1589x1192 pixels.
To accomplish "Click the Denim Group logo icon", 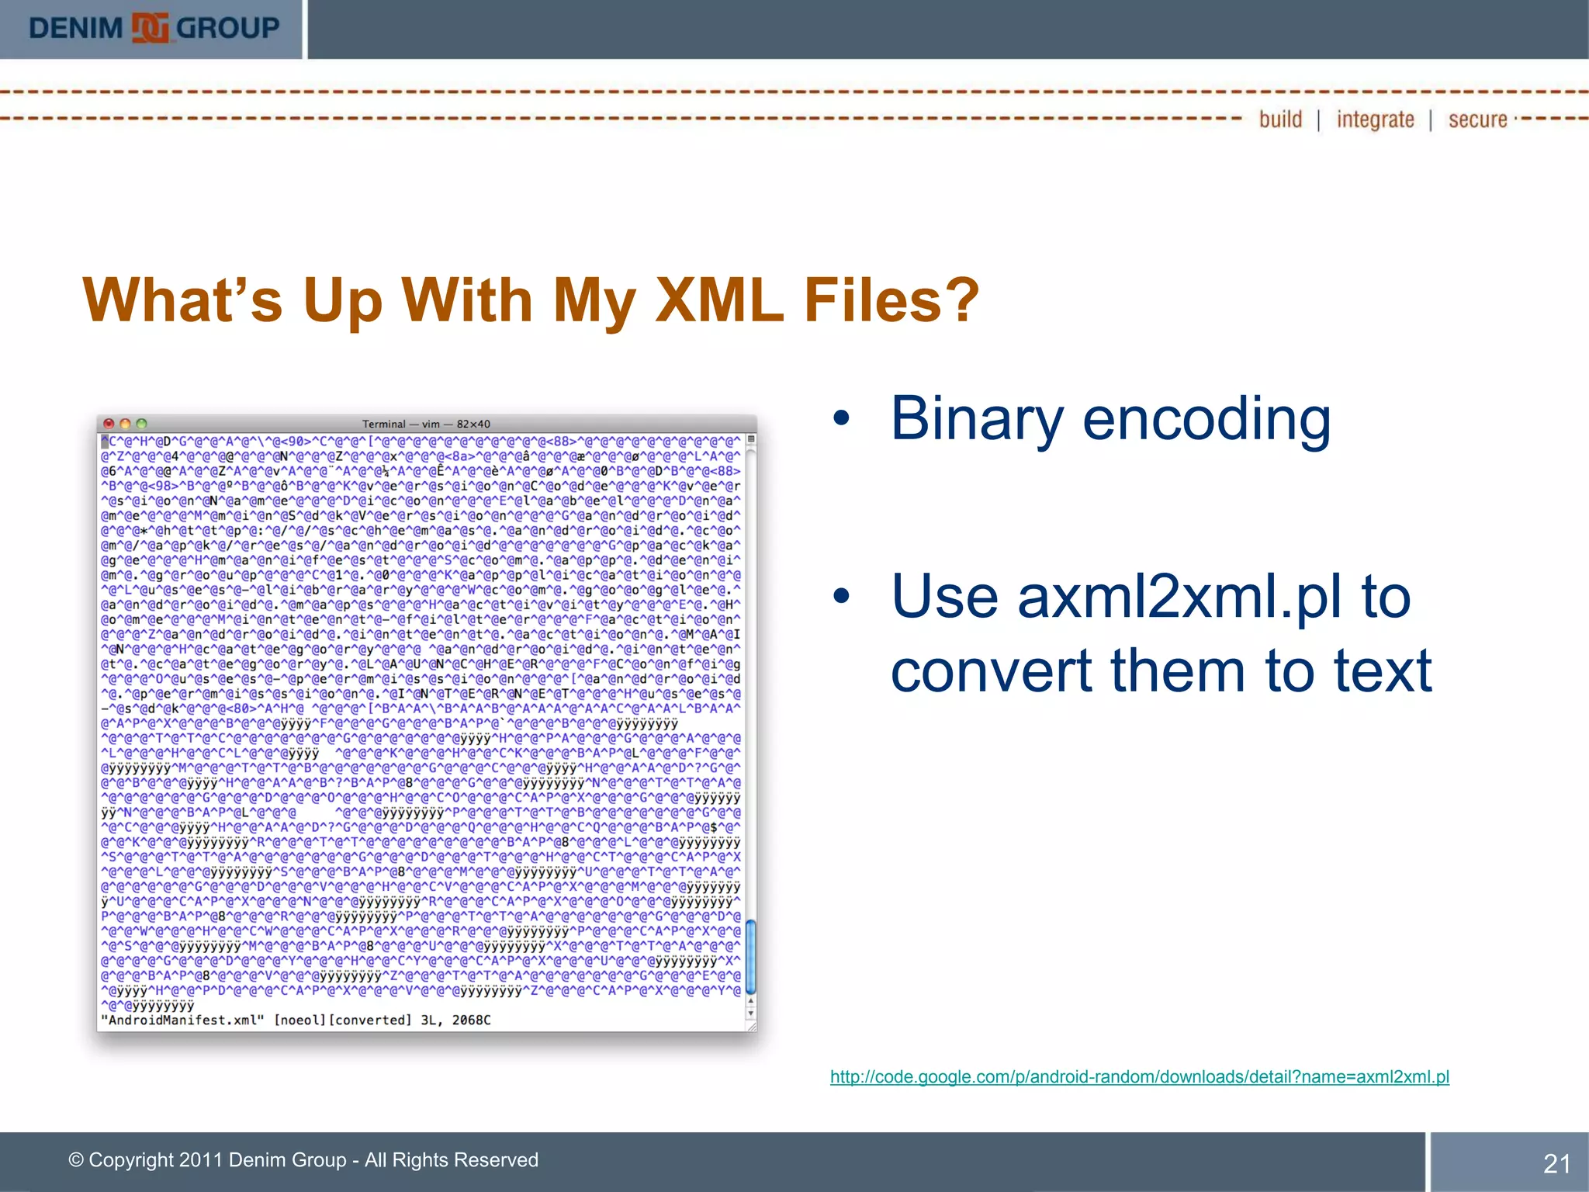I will point(150,28).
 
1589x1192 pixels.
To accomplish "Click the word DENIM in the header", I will point(75,29).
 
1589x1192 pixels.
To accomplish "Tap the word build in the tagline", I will point(1280,120).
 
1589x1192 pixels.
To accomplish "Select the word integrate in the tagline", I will point(1375,120).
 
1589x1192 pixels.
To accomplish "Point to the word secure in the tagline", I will point(1477,120).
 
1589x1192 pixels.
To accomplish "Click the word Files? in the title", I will point(892,300).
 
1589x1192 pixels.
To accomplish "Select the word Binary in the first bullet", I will point(976,419).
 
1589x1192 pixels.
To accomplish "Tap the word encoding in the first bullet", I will point(1206,419).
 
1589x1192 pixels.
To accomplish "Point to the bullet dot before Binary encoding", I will point(841,420).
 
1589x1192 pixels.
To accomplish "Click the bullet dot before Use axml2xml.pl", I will point(841,598).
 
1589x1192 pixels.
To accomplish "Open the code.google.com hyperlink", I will point(1139,1076).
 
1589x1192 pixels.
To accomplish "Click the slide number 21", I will point(1556,1163).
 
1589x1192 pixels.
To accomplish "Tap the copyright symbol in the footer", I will point(76,1160).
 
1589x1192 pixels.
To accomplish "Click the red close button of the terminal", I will point(109,424).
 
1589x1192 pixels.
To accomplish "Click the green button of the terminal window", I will point(141,424).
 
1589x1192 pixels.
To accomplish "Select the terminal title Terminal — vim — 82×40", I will point(426,424).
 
